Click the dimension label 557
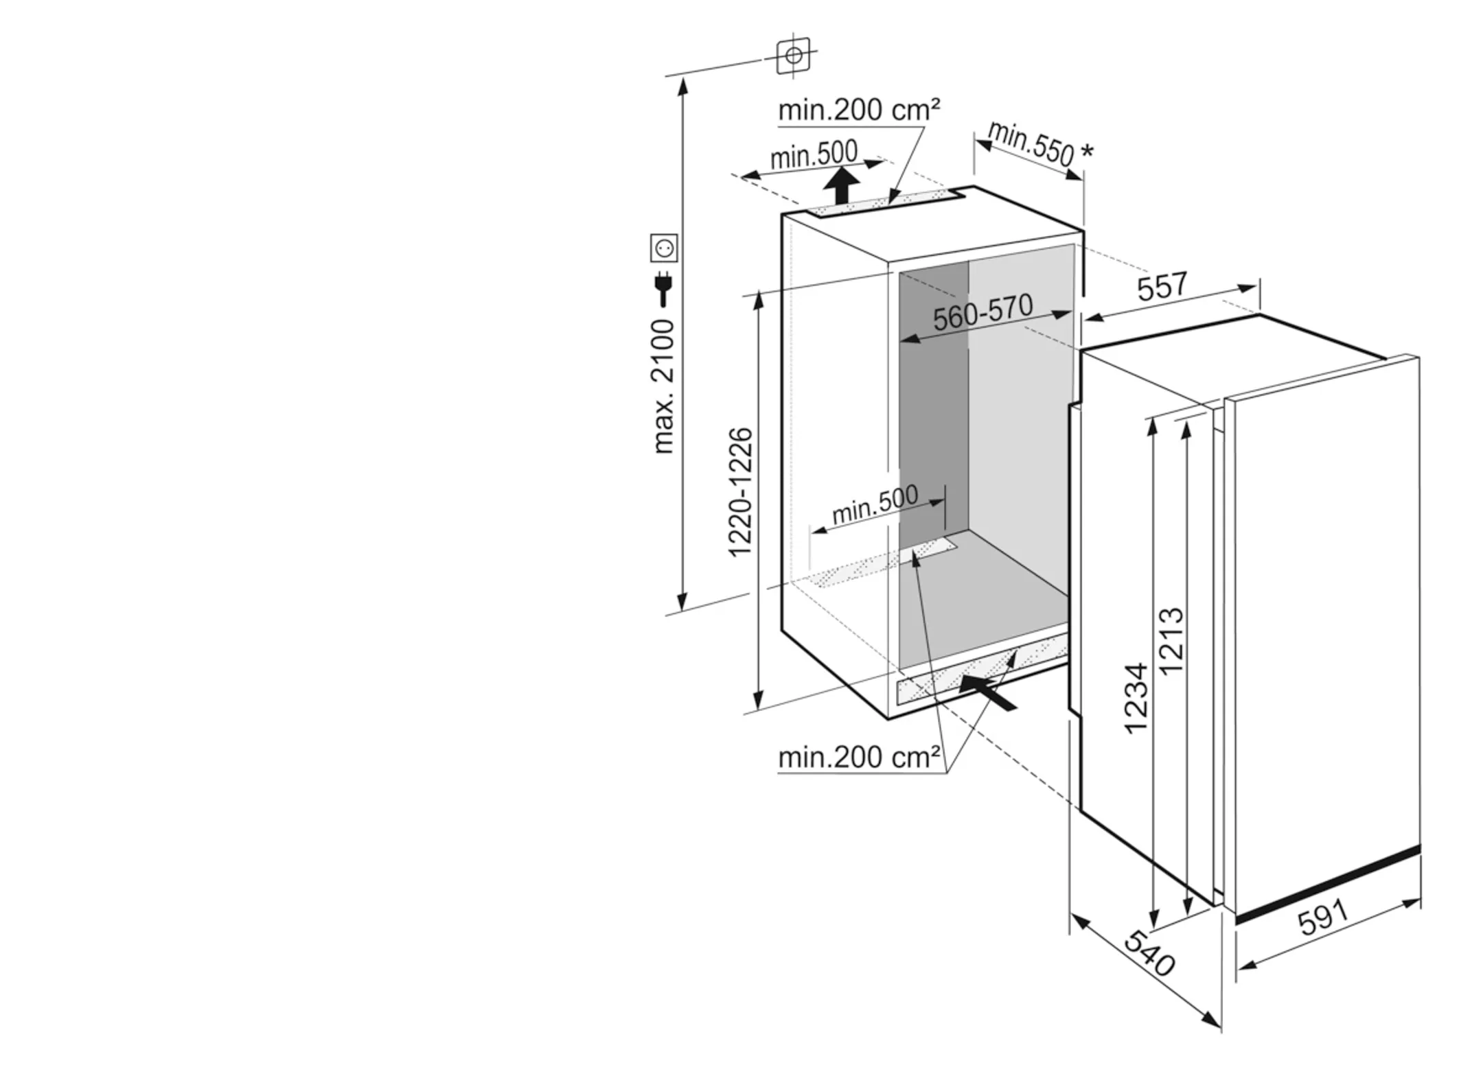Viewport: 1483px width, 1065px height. point(1162,285)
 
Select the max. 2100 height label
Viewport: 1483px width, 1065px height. point(663,386)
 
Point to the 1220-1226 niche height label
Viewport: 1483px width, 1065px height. point(740,492)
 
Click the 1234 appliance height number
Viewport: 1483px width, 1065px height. point(1136,698)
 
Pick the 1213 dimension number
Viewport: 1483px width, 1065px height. point(1171,641)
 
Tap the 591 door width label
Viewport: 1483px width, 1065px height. point(1323,917)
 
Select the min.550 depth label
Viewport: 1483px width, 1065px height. point(1031,143)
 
